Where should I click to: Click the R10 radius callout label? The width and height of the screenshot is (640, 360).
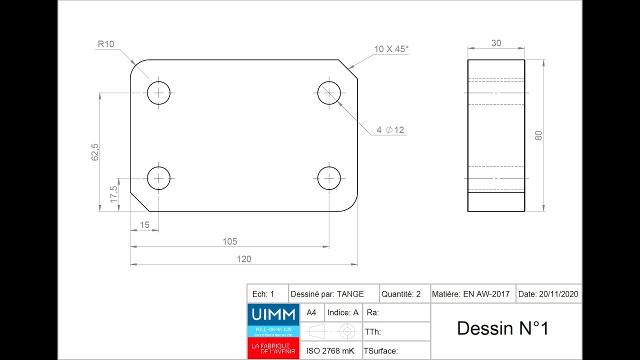coord(105,44)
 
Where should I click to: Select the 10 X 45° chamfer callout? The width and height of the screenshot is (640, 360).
coord(391,49)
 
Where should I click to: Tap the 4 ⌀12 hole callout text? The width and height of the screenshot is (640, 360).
coord(390,130)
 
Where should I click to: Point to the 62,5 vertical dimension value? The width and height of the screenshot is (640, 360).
coord(95,152)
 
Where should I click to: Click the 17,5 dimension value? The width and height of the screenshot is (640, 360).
coord(113,194)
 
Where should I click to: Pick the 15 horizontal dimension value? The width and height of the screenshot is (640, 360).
coord(144,225)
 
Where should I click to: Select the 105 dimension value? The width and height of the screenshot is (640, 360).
coord(229,241)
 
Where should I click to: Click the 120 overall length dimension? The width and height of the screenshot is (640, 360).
coord(244,259)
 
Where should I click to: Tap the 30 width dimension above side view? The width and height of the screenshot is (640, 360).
coord(496,43)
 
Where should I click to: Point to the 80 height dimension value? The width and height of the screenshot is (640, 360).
coord(538,135)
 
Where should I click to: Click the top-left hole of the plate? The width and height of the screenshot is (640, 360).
coord(158,92)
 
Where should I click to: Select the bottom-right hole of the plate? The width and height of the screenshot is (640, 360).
coord(329,178)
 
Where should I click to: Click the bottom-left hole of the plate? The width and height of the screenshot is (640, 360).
coord(158,178)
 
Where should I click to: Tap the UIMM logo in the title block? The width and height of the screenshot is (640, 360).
coord(273,314)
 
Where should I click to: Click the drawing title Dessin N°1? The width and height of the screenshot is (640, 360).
coord(502,328)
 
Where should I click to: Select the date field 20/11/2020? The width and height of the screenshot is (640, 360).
coord(548,294)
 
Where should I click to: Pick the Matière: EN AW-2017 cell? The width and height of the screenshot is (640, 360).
coord(470,294)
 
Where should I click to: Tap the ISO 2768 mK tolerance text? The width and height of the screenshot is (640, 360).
coord(330,351)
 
